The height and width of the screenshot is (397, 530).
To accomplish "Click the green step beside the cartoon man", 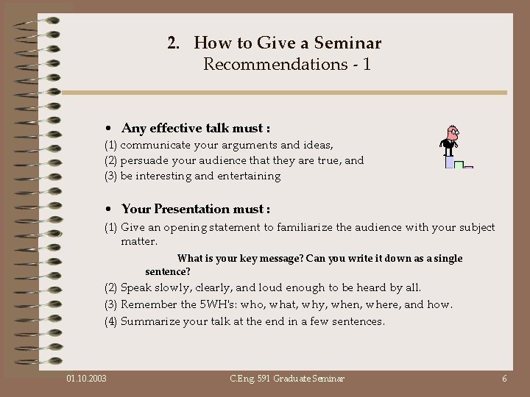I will [459, 165].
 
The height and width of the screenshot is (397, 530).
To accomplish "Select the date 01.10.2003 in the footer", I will [86, 379].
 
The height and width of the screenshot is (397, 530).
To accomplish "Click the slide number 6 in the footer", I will [504, 379].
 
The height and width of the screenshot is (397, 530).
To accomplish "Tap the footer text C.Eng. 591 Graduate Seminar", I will [287, 379].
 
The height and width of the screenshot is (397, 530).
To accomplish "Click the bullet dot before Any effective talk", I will [108, 128].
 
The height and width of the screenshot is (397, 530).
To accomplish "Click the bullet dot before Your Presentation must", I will [108, 210].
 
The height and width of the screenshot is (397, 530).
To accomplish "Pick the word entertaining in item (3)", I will [247, 176].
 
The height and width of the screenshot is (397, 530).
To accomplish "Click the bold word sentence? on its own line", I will [168, 271].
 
